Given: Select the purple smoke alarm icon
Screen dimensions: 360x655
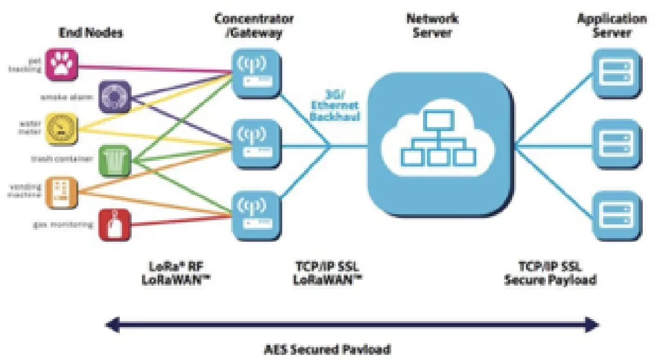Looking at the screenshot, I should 114,96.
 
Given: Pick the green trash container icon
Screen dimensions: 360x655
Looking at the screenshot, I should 114,160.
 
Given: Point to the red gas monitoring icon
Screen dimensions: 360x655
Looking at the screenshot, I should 114,224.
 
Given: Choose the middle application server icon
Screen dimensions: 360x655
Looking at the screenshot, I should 617,144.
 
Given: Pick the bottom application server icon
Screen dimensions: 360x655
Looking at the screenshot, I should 617,215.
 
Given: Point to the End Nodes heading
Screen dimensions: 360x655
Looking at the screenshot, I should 91,33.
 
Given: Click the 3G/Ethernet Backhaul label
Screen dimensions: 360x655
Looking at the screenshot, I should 335,105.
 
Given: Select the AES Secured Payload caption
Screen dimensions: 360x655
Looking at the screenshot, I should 328,350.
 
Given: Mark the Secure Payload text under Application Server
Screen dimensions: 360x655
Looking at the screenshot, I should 551,280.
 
